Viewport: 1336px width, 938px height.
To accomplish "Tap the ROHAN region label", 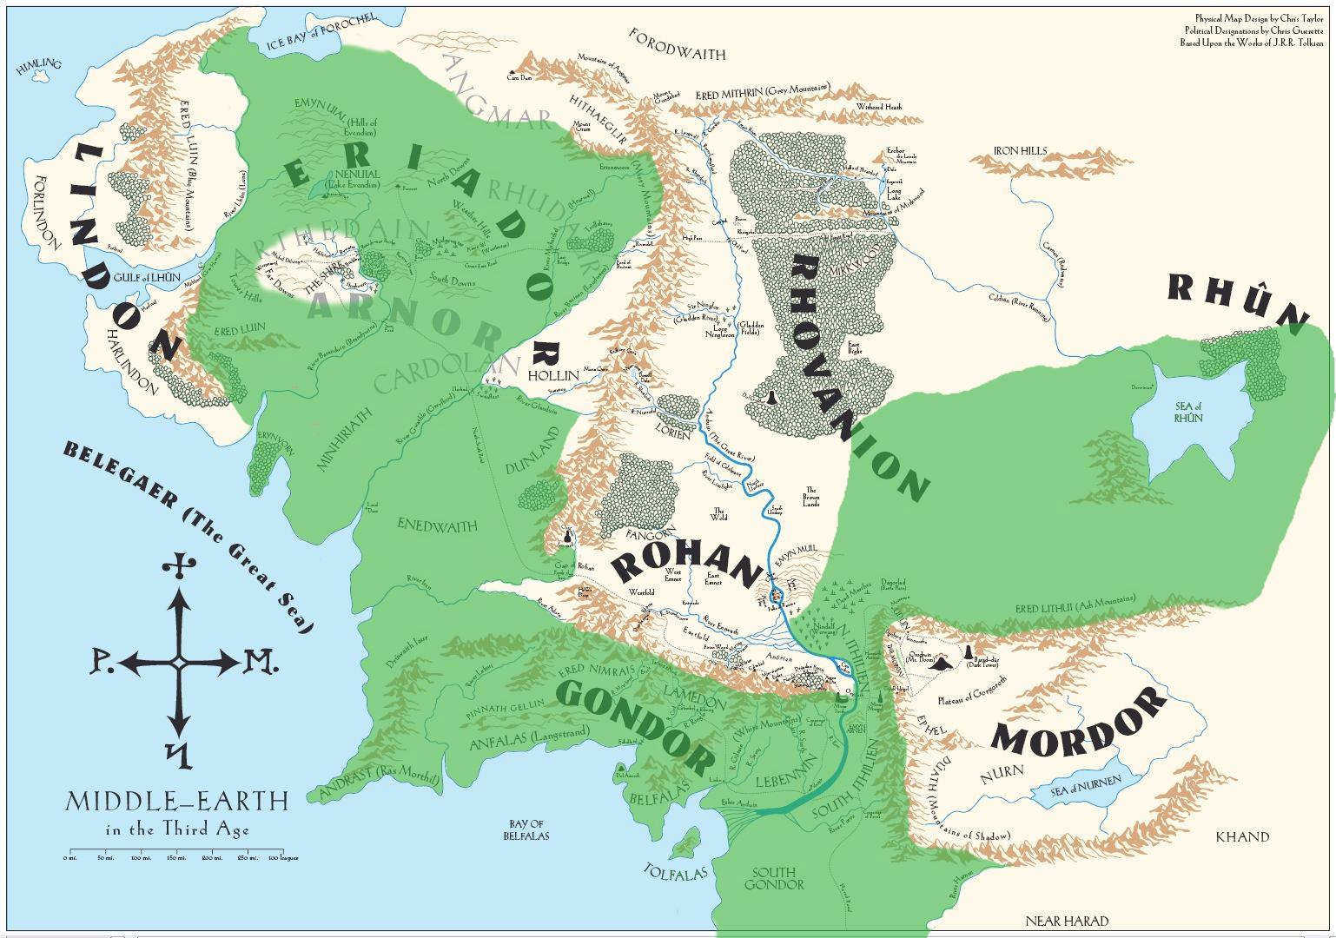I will point(683,565).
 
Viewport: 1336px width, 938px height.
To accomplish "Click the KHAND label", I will point(1242,837).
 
